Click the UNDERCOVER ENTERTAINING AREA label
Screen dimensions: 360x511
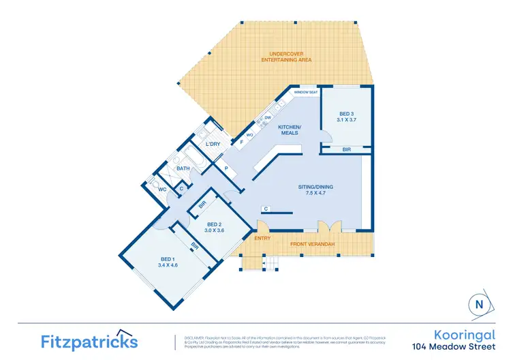[x=286, y=57]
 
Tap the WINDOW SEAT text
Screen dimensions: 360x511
[x=306, y=92]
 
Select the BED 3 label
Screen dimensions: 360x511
[x=347, y=113]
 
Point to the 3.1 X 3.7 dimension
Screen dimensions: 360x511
[x=347, y=119]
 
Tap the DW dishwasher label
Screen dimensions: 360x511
[x=268, y=117]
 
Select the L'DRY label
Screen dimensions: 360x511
[x=213, y=144]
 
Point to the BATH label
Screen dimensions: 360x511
[x=183, y=168]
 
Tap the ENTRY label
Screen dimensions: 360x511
[x=262, y=238]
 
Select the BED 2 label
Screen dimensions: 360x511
[x=214, y=224]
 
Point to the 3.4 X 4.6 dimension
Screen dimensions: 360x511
[x=168, y=265]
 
